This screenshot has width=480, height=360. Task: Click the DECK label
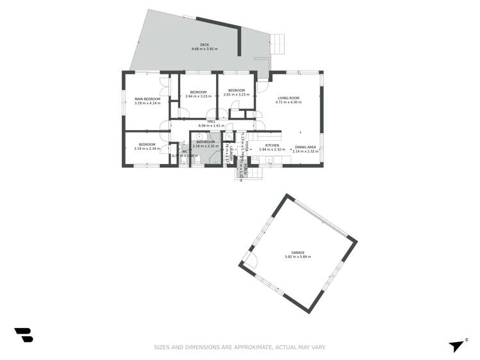click(x=204, y=45)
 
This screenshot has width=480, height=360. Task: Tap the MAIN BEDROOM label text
click(x=147, y=99)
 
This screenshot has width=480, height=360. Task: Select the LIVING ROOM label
click(x=288, y=98)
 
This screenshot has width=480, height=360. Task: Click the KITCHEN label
click(x=272, y=145)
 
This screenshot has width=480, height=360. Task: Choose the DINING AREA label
click(x=306, y=147)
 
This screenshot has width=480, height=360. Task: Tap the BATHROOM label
click(x=206, y=142)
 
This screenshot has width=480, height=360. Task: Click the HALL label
click(x=211, y=121)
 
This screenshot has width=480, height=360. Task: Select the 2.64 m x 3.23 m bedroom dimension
click(x=197, y=96)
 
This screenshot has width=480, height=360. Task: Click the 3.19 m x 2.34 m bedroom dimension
click(x=147, y=149)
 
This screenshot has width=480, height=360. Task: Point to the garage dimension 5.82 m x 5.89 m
click(x=297, y=257)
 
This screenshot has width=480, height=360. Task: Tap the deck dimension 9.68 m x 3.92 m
click(x=204, y=49)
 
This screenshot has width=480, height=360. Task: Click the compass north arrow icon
click(x=456, y=346)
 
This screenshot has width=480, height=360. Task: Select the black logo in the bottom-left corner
click(x=24, y=334)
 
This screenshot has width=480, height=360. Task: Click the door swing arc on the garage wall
click(x=250, y=260)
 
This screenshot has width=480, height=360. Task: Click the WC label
click(x=185, y=151)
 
